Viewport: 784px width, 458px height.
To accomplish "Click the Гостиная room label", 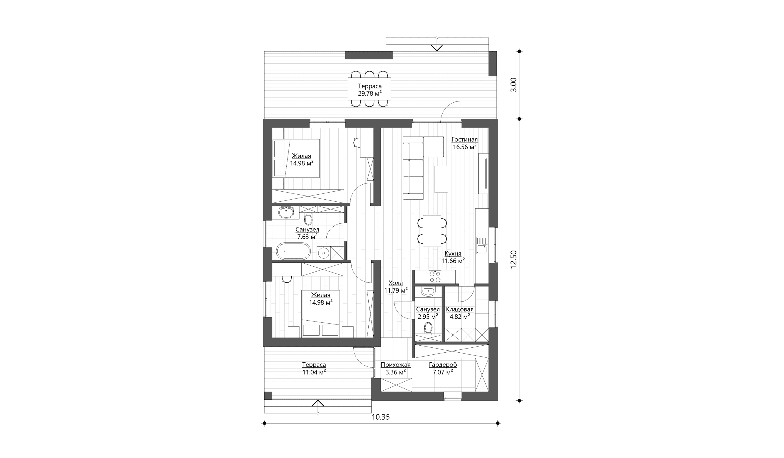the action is coord(464,140).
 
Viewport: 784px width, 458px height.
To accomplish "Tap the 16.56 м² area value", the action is coord(464,147).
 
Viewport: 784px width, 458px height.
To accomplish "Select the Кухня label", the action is coord(453,254).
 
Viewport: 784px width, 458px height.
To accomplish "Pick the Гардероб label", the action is coord(443,365).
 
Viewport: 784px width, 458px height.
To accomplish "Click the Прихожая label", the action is coord(396,365).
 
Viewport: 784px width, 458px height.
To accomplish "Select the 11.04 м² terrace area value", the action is coord(314,372).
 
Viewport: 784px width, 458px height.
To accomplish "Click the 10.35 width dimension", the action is coord(380,417).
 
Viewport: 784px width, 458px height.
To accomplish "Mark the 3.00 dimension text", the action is coord(514,85).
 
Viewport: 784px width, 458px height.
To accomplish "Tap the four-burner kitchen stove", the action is coord(435,277).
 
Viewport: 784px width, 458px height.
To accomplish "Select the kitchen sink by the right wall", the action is coord(482,245).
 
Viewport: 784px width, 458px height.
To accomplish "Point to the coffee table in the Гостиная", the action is coord(441,179).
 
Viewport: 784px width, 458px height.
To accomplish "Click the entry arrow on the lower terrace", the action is coord(318,403).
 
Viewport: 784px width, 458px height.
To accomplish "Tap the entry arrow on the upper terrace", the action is coord(437,48).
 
